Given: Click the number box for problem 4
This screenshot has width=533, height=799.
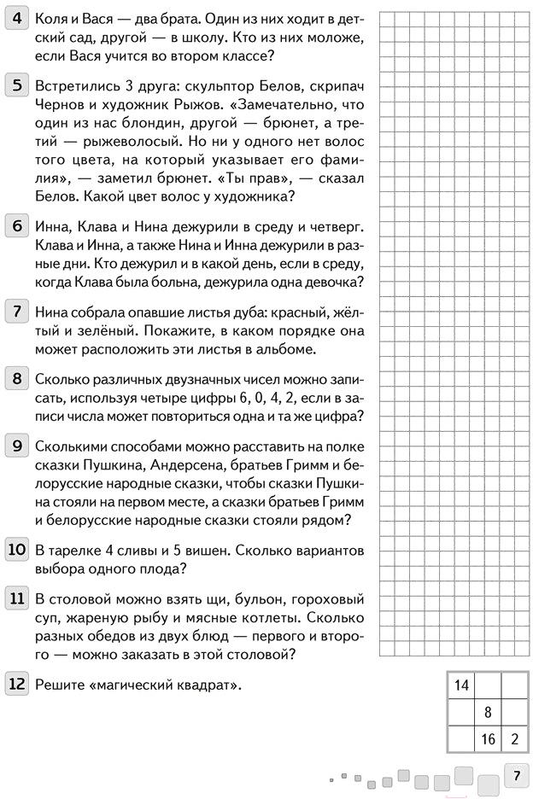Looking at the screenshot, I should click(x=17, y=18).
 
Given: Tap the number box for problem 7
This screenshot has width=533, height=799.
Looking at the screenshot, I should click(x=17, y=310).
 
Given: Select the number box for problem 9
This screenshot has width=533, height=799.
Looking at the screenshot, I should click(x=17, y=446).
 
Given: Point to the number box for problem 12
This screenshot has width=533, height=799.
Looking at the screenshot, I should click(x=17, y=683).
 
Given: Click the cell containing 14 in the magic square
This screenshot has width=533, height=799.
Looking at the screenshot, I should click(x=461, y=685).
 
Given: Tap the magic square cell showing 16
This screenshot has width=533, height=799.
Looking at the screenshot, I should click(x=488, y=739).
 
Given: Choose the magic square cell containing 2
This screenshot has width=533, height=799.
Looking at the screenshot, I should click(x=515, y=739).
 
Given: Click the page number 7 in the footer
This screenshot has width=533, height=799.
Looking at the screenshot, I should click(x=515, y=776).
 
